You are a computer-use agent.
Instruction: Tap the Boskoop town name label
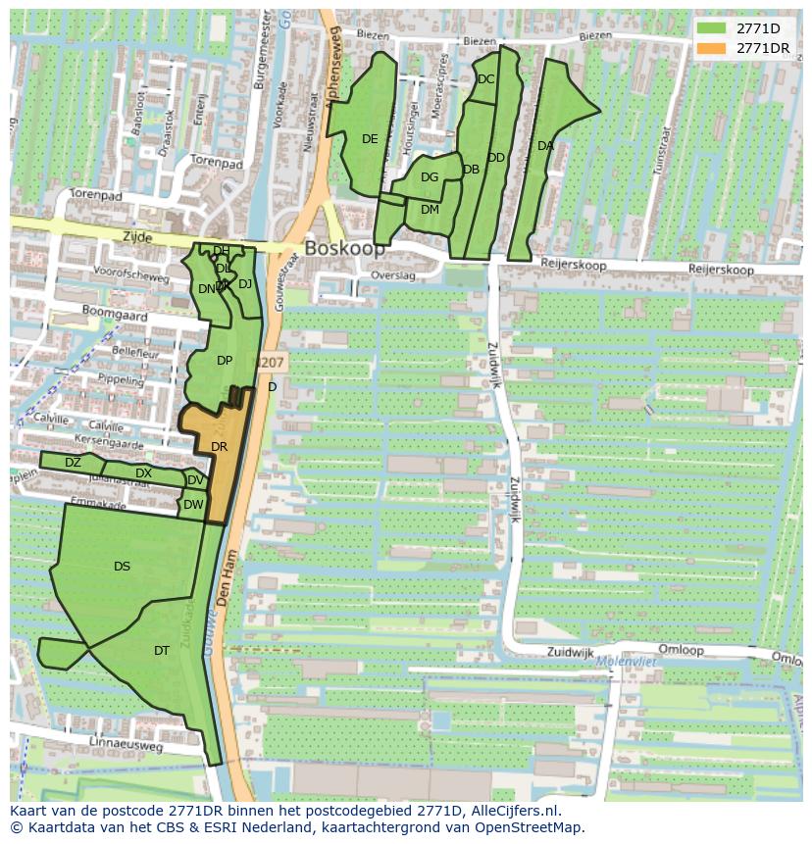[345, 249]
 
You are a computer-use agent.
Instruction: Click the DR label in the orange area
[220, 447]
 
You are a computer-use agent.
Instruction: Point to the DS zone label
[122, 567]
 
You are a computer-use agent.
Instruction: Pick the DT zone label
[162, 651]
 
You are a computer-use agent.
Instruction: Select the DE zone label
[370, 139]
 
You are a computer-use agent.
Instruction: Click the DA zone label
[546, 146]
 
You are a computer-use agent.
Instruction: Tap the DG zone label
[430, 177]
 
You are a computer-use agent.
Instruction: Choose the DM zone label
[430, 210]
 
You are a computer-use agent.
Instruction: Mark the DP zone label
[225, 361]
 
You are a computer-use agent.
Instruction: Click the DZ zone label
[73, 463]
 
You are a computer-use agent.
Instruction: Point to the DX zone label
[144, 473]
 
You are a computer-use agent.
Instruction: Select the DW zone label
[193, 506]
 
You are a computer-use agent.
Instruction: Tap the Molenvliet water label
[627, 663]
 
